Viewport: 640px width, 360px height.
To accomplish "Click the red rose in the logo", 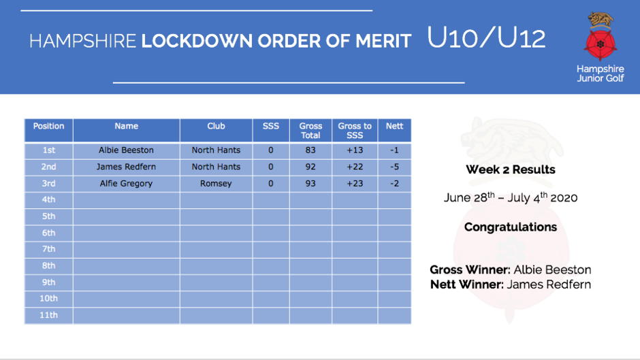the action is click(x=600, y=44).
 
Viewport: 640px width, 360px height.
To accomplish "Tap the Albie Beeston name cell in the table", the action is click(x=126, y=150).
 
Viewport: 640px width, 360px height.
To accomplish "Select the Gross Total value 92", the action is click(x=310, y=167).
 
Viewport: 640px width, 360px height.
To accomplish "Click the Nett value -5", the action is click(x=394, y=167).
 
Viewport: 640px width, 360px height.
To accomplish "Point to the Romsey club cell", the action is click(x=216, y=184).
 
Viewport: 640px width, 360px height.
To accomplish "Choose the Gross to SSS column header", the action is click(x=355, y=131).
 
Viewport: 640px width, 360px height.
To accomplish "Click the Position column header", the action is click(x=48, y=126).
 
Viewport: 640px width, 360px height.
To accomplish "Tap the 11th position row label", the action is click(x=48, y=315).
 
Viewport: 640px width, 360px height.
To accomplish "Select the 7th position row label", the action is click(x=48, y=249).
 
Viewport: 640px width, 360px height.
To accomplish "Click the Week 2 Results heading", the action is click(x=511, y=169).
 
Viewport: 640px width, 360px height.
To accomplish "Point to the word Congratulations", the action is click(x=511, y=227).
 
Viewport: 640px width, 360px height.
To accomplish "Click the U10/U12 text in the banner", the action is click(x=486, y=37).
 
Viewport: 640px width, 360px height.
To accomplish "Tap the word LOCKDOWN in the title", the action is click(x=197, y=42).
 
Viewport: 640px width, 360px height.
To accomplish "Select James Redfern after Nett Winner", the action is click(x=549, y=284).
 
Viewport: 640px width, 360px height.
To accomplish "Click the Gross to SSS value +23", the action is click(x=355, y=184).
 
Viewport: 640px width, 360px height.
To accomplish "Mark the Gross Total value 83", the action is click(x=310, y=150).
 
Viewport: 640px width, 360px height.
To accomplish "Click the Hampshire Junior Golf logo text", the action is click(x=600, y=73).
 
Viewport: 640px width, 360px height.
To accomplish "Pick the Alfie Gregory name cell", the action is click(x=126, y=184).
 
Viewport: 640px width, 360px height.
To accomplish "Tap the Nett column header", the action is click(x=394, y=126).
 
